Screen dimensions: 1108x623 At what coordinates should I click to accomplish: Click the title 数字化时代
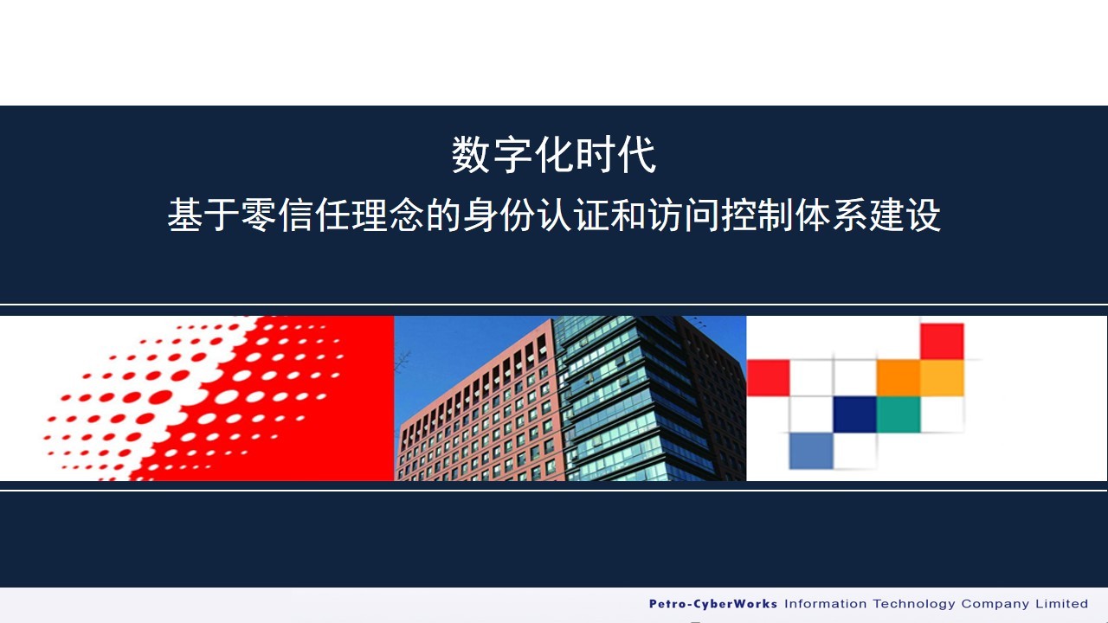[554, 155]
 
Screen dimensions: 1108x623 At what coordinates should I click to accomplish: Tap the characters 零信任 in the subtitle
[296, 215]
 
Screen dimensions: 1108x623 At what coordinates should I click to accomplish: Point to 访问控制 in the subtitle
[721, 215]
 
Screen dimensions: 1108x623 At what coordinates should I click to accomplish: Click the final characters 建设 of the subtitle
[905, 215]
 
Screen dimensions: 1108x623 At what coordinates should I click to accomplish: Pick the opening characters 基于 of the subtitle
[203, 215]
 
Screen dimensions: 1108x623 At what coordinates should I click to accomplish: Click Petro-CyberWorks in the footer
[712, 604]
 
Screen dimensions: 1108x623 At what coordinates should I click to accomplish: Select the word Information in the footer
[825, 604]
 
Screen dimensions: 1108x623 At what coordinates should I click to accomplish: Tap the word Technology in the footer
[913, 604]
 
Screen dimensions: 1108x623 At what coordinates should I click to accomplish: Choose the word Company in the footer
[995, 604]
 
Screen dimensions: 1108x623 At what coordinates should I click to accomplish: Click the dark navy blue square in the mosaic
[854, 414]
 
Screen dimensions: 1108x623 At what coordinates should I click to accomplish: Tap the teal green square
[899, 414]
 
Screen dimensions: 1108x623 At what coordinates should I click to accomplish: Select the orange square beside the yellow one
[899, 378]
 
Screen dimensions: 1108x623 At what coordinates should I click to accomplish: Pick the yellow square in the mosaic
[942, 378]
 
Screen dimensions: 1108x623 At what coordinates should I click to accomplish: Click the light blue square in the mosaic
[811, 451]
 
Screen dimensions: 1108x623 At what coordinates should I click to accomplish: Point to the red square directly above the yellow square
[942, 342]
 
